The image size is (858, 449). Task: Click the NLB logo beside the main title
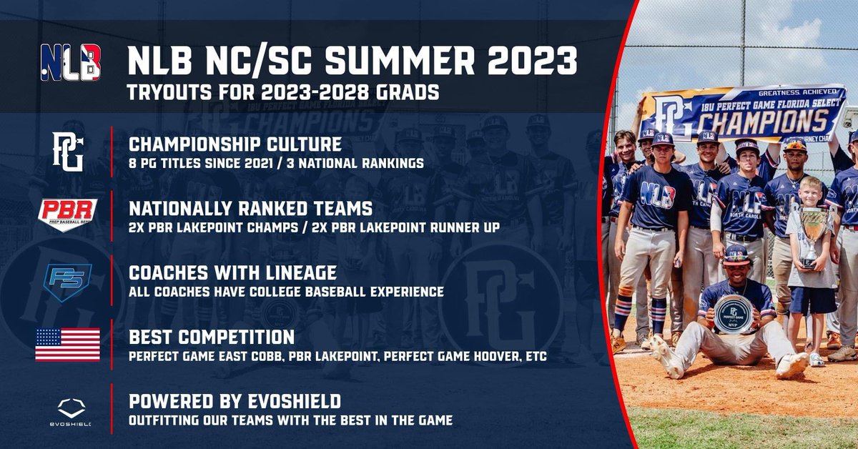click(70, 61)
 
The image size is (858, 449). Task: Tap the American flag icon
click(68, 344)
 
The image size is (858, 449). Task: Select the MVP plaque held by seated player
click(732, 313)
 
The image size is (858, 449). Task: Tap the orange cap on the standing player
click(796, 145)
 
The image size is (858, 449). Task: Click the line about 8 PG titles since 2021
click(276, 163)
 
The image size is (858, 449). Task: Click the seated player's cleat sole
click(792, 365)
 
